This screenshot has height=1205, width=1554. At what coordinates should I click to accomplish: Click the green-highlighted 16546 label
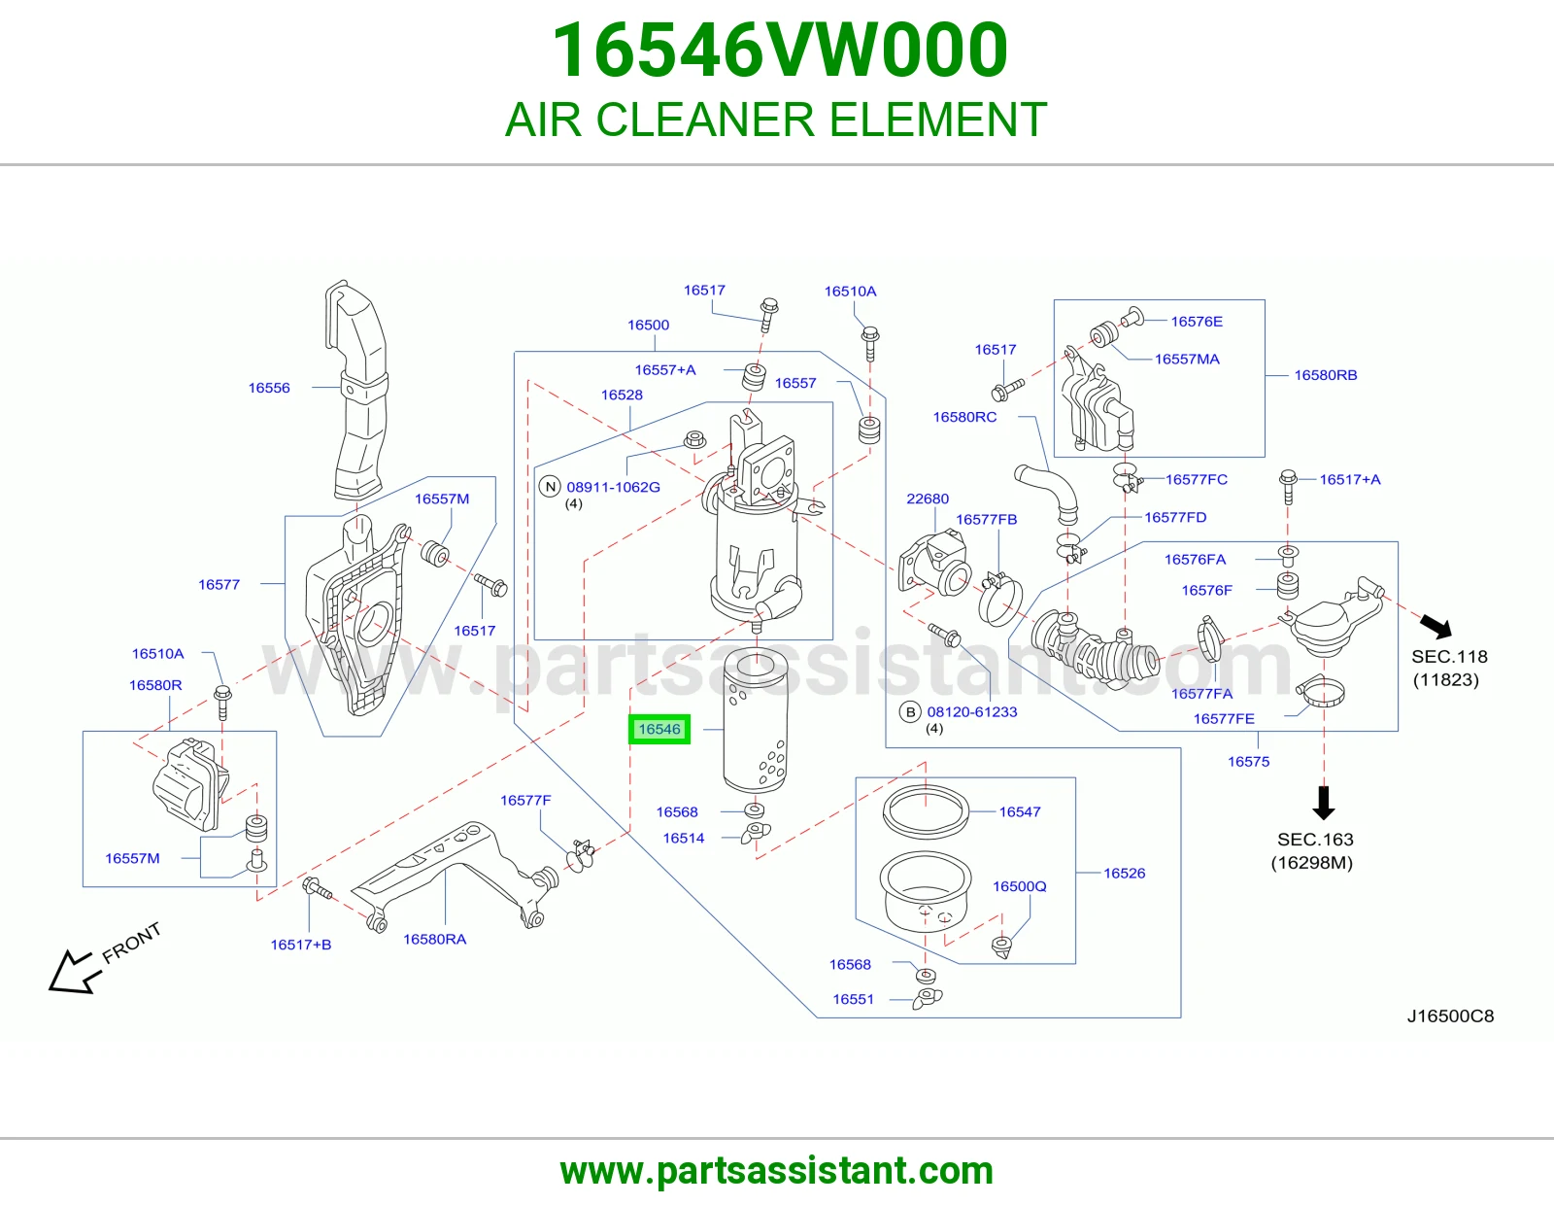point(659,729)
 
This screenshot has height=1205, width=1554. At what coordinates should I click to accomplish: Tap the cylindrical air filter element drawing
point(756,719)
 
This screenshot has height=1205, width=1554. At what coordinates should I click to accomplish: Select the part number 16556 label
point(269,388)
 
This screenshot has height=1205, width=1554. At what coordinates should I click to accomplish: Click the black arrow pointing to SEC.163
point(1324,802)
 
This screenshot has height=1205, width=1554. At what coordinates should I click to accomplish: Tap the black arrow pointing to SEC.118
point(1436,626)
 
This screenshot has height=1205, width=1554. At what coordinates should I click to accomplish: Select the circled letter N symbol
point(550,487)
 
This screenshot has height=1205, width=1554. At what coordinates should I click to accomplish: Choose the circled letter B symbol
point(910,712)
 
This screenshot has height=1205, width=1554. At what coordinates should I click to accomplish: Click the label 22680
point(928,499)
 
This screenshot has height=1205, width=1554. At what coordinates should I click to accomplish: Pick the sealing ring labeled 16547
point(927,811)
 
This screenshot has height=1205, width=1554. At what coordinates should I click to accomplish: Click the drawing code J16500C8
point(1450,1016)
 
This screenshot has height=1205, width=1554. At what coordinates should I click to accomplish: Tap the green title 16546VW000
point(780,50)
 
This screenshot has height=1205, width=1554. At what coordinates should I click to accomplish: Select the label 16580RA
point(434,939)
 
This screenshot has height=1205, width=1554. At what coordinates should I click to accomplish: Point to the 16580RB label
point(1325,375)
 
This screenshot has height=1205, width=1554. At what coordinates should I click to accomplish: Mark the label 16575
point(1249,761)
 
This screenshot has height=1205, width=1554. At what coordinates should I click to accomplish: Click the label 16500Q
point(1019,886)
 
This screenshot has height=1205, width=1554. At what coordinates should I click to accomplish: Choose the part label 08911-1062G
point(613,487)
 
